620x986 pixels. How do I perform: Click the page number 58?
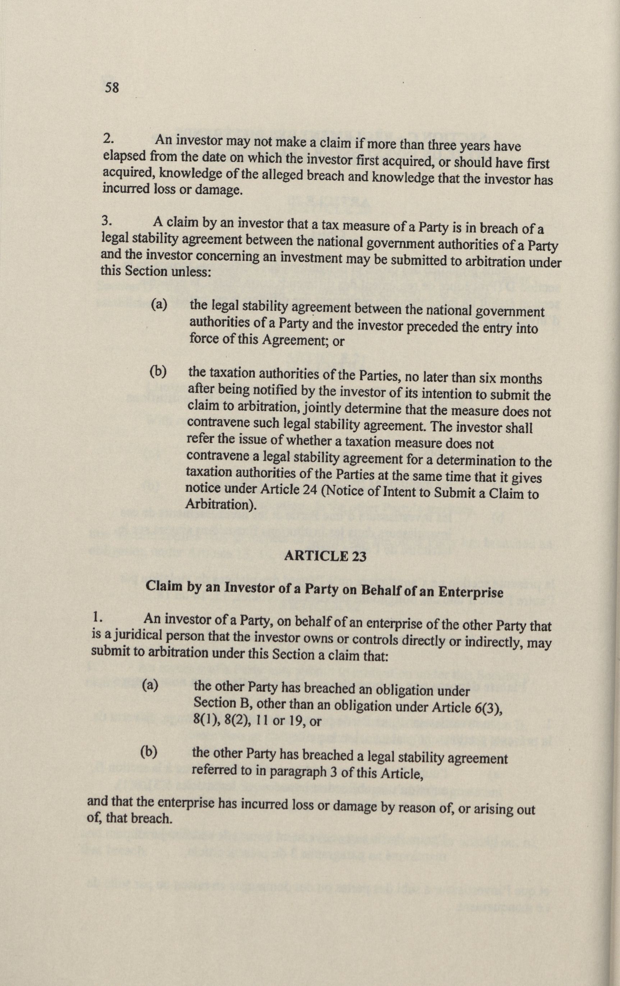pos(111,87)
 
